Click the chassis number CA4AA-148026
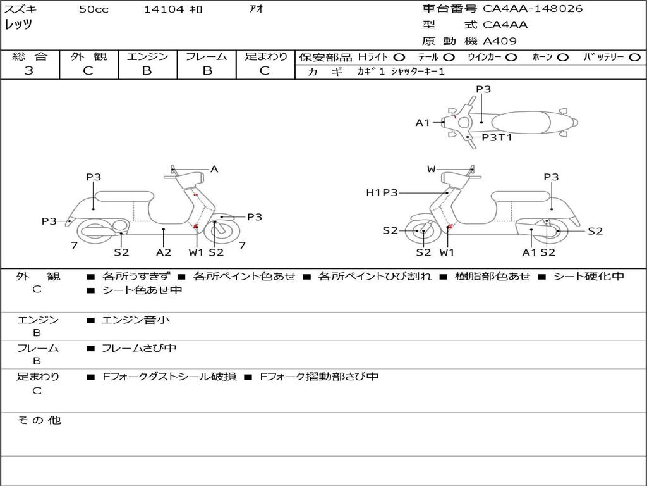pos(533,9)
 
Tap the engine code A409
pos(499,41)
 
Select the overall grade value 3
pos(29,71)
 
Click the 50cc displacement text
pos(94,9)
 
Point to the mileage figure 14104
pos(164,9)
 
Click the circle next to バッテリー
pos(634,58)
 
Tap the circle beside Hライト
pos(399,58)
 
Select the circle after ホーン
pos(562,58)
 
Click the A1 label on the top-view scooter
pos(423,123)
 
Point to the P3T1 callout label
pos(497,137)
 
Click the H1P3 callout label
pos(382,192)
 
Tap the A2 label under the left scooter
pos(164,252)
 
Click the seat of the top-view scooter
pos(521,122)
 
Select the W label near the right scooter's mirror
pos(431,169)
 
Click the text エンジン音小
pos(136,320)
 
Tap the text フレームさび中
pos(139,349)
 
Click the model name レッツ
pos(18,25)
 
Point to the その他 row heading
pos(39,420)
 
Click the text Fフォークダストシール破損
pos(169,377)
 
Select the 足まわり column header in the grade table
pos(265,56)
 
